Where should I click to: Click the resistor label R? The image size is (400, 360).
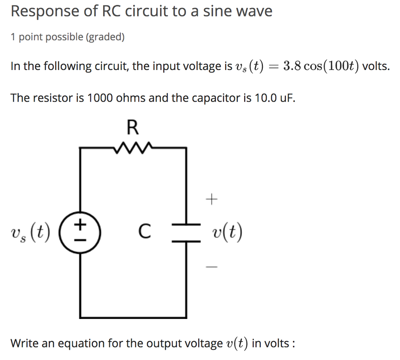click(133, 127)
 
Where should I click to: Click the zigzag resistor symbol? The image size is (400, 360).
click(133, 148)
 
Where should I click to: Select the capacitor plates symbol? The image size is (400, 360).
click(186, 233)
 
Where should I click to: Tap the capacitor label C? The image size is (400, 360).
click(144, 231)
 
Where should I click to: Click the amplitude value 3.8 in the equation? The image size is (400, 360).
click(292, 66)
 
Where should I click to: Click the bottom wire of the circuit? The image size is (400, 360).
click(133, 317)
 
